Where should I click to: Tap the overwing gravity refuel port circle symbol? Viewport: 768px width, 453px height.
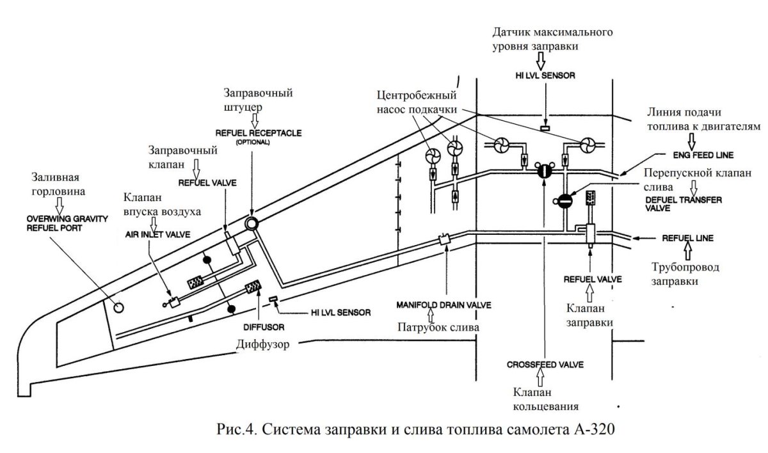coord(118,306)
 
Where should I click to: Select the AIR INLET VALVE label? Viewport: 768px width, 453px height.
coord(157,235)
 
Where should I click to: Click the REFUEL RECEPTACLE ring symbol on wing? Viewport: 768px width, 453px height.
coord(251,223)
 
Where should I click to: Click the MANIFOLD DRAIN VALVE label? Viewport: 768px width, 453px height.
coord(444,305)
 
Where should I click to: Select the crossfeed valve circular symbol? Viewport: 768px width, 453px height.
coord(543,170)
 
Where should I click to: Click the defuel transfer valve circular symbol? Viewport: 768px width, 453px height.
coord(564,201)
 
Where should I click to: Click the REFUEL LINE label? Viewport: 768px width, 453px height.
coord(686,238)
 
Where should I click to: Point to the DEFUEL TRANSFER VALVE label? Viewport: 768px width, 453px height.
coord(684,203)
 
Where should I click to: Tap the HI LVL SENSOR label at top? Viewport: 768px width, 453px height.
coord(545,75)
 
